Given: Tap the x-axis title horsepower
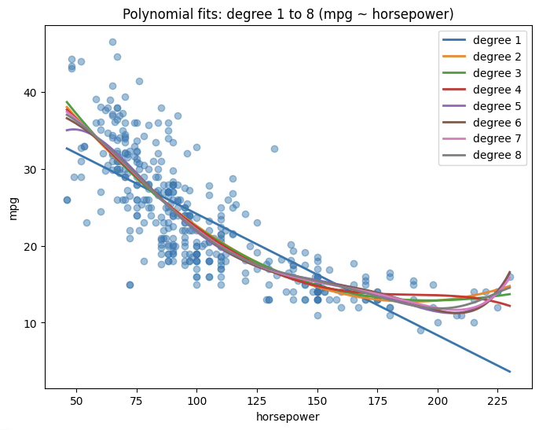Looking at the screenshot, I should [288, 417].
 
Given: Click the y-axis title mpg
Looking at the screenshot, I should [14, 208].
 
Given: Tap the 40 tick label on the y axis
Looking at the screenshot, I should [31, 93].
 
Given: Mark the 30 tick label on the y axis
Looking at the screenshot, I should [31, 170].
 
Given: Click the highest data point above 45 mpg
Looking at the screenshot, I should [112, 42].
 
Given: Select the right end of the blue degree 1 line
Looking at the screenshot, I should [510, 371].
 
